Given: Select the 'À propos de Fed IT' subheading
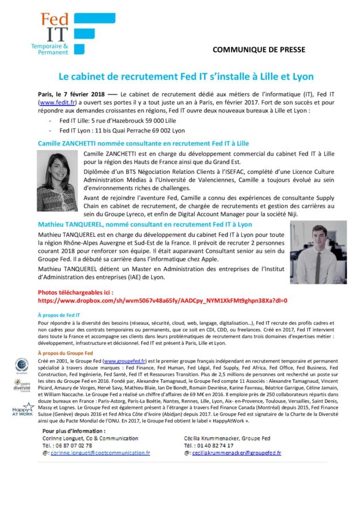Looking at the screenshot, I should pyautogui.click(x=58, y=316).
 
